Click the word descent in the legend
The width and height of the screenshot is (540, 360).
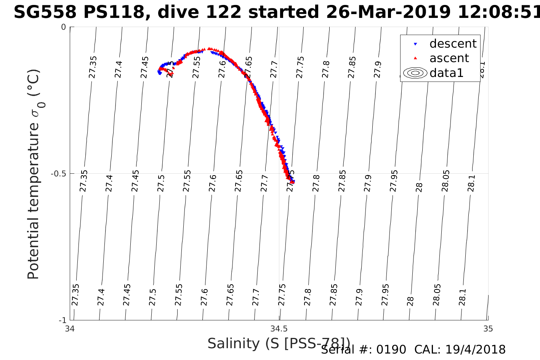[453, 44]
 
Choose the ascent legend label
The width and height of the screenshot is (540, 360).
[449, 58]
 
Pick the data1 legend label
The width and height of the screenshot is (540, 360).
[446, 73]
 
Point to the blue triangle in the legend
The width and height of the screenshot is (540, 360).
[415, 44]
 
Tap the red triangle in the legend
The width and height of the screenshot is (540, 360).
[415, 58]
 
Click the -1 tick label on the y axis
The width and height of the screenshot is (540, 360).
[63, 320]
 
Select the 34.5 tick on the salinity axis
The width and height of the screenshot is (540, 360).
[279, 328]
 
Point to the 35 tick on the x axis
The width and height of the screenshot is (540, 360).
[488, 328]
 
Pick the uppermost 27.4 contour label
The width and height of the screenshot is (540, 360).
[119, 69]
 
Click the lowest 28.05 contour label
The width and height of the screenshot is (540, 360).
[437, 295]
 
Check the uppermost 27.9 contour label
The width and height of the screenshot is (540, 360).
[378, 69]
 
